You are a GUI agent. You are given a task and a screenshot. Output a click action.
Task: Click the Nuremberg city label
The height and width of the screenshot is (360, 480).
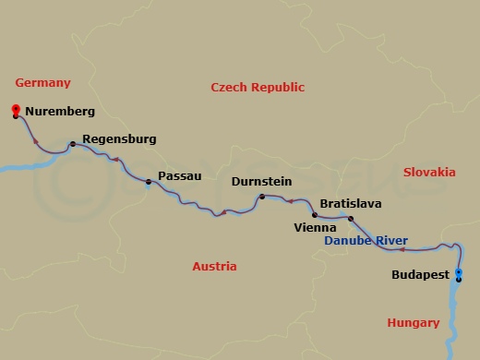coord(61,112)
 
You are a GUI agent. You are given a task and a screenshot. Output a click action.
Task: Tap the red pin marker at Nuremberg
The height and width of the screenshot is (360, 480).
coord(16,112)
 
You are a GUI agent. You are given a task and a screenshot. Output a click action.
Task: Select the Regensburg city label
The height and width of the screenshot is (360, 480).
coord(119,139)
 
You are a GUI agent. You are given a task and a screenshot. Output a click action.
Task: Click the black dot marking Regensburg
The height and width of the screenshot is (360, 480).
coord(72,144)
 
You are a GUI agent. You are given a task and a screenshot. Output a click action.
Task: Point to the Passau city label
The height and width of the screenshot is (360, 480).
coord(180,175)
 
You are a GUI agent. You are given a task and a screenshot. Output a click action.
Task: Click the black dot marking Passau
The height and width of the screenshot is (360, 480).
coord(148,182)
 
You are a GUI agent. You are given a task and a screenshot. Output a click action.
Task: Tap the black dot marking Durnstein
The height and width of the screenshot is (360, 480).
coord(262,197)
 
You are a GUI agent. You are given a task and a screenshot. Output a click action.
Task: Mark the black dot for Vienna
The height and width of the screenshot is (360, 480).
coord(315,215)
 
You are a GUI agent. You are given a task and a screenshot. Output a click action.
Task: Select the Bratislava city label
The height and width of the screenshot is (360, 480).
coord(350,203)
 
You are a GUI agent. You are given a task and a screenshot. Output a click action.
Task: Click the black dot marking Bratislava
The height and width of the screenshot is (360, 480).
coord(350,219)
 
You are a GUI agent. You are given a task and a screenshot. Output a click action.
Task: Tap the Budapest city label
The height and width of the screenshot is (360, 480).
coord(420,275)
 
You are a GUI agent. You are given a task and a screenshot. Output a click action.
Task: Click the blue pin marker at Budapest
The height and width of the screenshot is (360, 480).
coord(459,273)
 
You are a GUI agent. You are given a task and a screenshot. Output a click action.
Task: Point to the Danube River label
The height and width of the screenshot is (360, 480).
coord(366,241)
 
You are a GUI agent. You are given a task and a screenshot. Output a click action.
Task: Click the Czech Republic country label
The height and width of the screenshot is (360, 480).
coord(258,87)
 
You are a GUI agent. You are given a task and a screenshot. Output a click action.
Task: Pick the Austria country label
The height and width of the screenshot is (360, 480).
coord(214,267)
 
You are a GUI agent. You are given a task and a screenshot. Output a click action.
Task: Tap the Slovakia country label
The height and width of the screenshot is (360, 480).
coord(429,172)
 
